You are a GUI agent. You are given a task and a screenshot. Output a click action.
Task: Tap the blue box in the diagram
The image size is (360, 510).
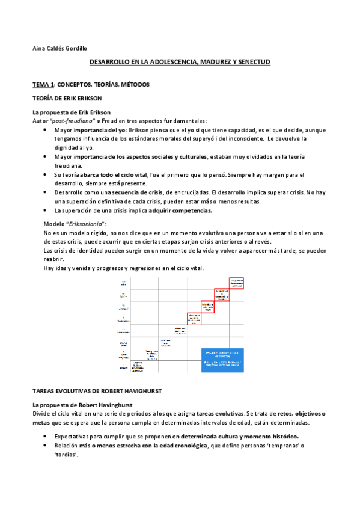tap(222, 360)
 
